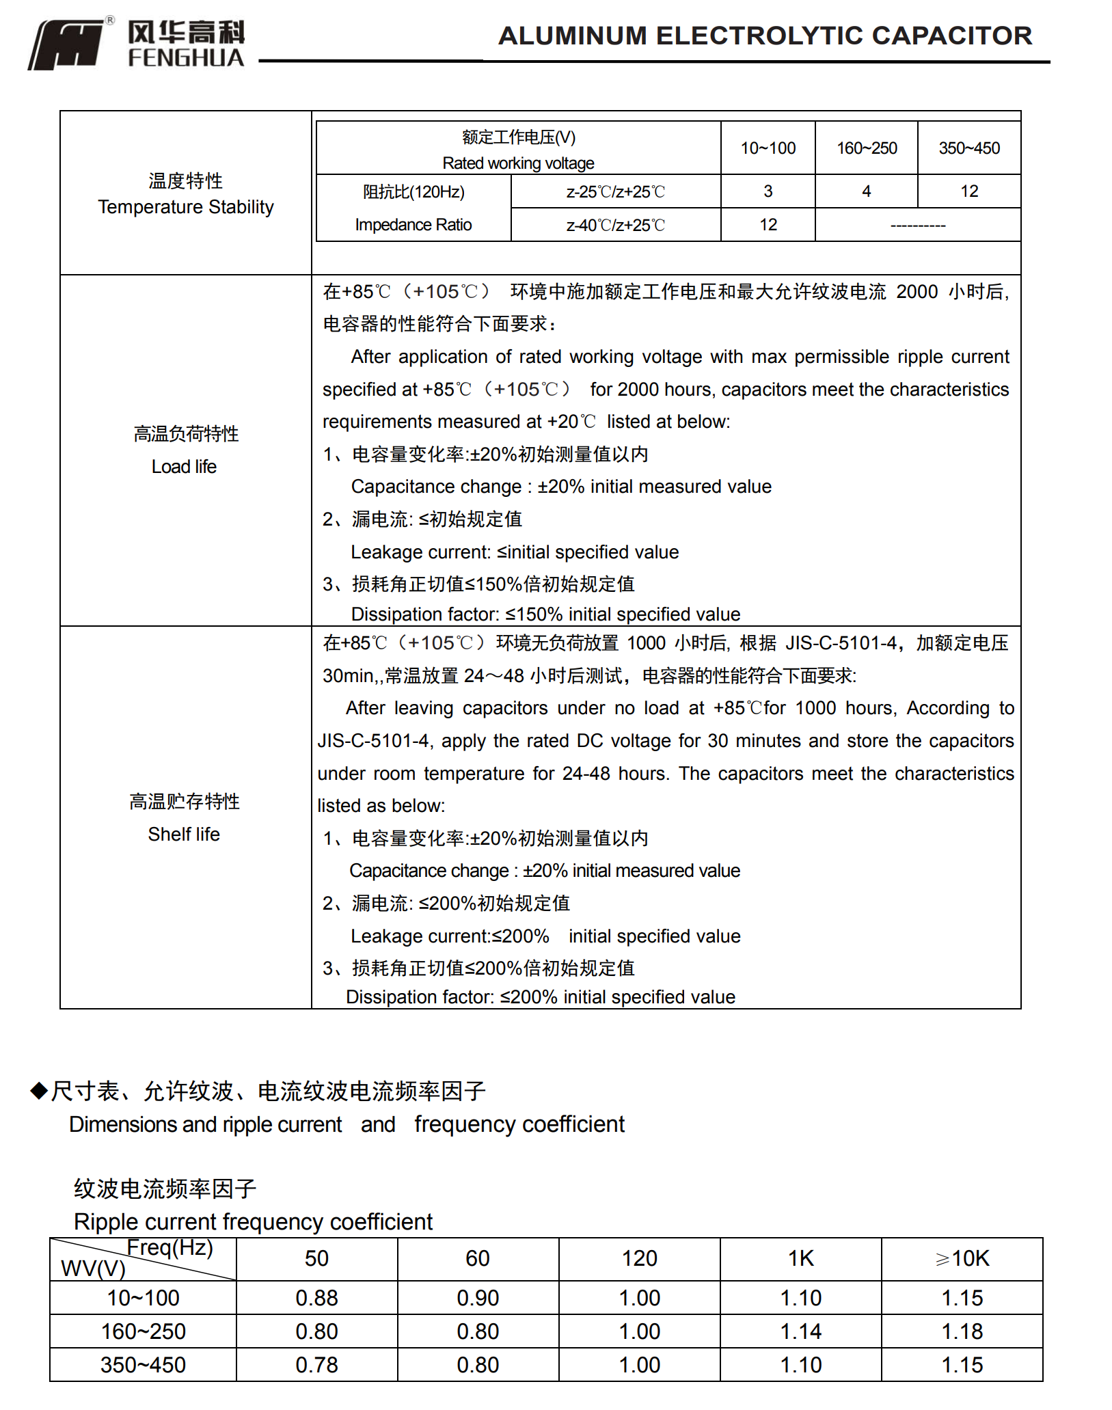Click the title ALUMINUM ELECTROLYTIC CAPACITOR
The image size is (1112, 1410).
(x=765, y=36)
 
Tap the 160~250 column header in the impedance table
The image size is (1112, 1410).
(x=867, y=148)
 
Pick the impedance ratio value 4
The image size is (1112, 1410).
(x=867, y=191)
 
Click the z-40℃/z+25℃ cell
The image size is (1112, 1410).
(x=615, y=226)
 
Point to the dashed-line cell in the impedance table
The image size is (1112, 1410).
(x=918, y=226)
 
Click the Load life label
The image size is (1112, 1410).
(x=184, y=467)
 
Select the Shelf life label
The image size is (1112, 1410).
(x=184, y=835)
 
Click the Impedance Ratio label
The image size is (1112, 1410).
(x=413, y=225)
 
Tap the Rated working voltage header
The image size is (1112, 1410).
(x=518, y=163)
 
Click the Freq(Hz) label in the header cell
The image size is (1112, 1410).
(x=170, y=1248)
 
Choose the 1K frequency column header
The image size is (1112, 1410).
(x=800, y=1258)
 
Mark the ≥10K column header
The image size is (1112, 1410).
(x=962, y=1258)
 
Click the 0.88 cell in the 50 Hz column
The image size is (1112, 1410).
(x=316, y=1298)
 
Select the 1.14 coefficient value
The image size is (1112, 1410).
(x=800, y=1331)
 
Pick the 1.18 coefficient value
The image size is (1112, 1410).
(x=962, y=1331)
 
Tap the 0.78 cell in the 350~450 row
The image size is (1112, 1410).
(x=316, y=1365)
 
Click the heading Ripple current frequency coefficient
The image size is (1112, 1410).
(x=253, y=1221)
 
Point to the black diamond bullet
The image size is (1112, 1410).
(x=39, y=1090)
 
